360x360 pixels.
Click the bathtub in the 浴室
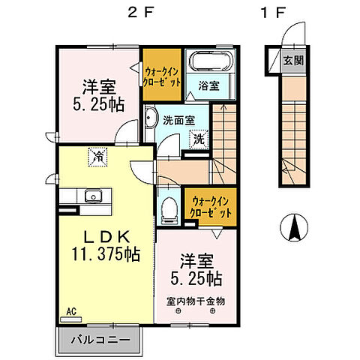click(211, 61)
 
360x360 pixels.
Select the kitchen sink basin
click(93, 195)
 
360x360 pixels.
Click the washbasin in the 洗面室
click(151, 118)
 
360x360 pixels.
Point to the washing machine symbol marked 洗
click(199, 139)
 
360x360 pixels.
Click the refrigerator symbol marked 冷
click(97, 157)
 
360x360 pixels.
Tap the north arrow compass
click(294, 227)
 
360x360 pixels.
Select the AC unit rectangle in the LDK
click(71, 319)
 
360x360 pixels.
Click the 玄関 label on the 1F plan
click(293, 60)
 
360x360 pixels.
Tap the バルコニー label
click(100, 340)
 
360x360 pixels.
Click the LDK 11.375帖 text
click(106, 246)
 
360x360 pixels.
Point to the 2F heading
click(140, 12)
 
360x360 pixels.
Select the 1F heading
click(273, 12)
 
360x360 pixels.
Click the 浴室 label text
click(209, 86)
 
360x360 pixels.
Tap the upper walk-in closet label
click(161, 76)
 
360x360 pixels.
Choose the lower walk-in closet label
click(211, 207)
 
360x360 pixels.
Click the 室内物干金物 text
click(196, 301)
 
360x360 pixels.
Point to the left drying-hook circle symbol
click(178, 311)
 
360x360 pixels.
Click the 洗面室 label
click(179, 121)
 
